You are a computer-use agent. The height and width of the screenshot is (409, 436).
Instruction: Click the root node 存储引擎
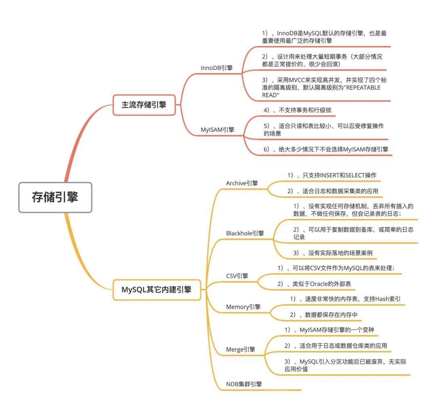(x=55, y=197)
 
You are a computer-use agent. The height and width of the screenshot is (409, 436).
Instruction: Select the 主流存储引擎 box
(x=144, y=105)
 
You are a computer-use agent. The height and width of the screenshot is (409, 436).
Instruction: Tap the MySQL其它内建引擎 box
(x=157, y=290)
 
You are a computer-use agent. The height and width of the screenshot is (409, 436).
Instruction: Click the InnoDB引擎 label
(x=217, y=68)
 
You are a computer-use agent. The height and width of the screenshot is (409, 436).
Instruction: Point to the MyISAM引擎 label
(x=218, y=130)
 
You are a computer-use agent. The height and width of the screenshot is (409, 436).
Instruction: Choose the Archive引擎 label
(x=242, y=183)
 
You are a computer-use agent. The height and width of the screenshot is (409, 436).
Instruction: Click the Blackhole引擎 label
(x=245, y=233)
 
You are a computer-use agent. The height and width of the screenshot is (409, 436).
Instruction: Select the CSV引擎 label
(x=237, y=276)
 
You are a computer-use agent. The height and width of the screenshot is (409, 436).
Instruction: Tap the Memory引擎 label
(x=243, y=307)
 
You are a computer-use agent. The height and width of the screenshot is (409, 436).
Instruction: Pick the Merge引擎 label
(x=241, y=350)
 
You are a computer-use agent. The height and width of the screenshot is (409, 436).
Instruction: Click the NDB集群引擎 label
(x=244, y=384)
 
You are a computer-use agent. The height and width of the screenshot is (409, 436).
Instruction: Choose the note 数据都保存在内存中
(x=324, y=315)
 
